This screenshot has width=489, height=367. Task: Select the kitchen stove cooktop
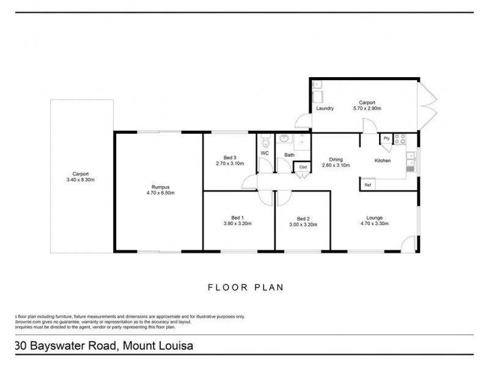pyautogui.click(x=400, y=139)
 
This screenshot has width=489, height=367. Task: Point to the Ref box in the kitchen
pyautogui.click(x=368, y=184)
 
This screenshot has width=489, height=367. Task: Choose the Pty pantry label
pyautogui.click(x=386, y=139)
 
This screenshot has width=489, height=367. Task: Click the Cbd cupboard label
pyautogui.click(x=303, y=167)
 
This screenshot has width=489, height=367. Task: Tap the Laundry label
pyautogui.click(x=325, y=109)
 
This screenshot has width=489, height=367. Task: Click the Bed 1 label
pyautogui.click(x=237, y=218)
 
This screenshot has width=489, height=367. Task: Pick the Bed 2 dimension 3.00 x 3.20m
pyautogui.click(x=303, y=224)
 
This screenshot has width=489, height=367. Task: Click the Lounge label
pyautogui.click(x=374, y=218)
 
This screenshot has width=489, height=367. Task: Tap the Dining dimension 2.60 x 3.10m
pyautogui.click(x=336, y=166)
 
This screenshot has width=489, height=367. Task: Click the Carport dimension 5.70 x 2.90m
pyautogui.click(x=367, y=108)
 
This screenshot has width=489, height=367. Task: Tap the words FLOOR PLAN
pyautogui.click(x=244, y=286)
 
